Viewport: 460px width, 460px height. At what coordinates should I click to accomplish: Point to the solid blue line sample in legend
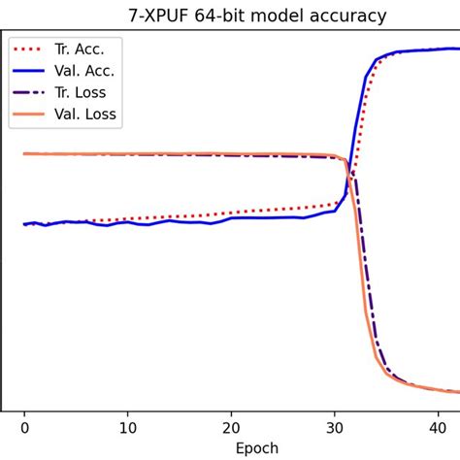pyautogui.click(x=31, y=71)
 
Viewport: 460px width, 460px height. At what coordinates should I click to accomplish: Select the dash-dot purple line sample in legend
pyautogui.click(x=31, y=92)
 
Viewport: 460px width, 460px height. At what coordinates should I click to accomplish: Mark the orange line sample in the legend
pyautogui.click(x=31, y=115)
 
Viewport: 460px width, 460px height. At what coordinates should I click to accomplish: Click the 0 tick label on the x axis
pyautogui.click(x=25, y=426)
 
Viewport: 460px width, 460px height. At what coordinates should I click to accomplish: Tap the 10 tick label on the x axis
pyautogui.click(x=128, y=426)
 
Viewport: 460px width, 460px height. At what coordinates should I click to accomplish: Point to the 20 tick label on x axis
pyautogui.click(x=231, y=426)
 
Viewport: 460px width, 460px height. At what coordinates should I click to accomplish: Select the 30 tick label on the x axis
pyautogui.click(x=335, y=426)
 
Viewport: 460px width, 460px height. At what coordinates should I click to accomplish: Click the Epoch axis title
pyautogui.click(x=256, y=447)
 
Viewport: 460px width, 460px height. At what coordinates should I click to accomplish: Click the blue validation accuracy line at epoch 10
pyautogui.click(x=128, y=222)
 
